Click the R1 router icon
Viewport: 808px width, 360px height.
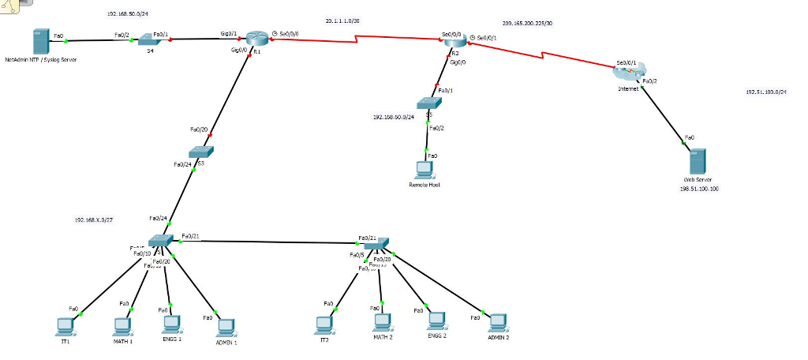[x=256, y=39]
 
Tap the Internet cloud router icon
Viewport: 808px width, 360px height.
[x=627, y=73]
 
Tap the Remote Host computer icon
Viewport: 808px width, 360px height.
[x=425, y=171]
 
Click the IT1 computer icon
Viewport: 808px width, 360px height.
[x=65, y=324]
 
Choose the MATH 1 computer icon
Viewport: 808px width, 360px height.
[x=122, y=324]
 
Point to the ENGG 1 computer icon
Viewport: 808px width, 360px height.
[x=170, y=323]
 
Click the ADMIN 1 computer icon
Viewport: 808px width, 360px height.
[x=226, y=326]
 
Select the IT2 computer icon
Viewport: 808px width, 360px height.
[x=324, y=324]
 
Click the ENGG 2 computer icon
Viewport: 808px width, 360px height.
[x=436, y=321]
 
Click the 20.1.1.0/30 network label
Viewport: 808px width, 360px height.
[x=342, y=20]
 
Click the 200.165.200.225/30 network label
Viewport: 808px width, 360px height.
[x=527, y=24]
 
